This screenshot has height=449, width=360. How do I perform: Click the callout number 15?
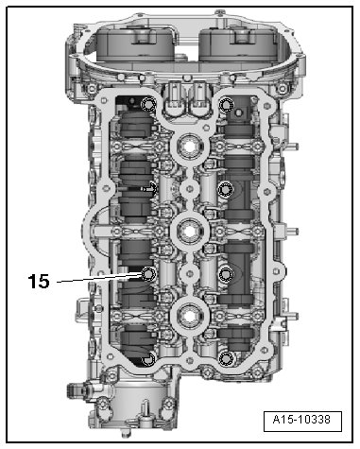tap(39, 281)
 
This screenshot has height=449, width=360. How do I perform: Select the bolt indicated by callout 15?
tap(147, 274)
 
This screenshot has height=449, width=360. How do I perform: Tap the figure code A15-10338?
tap(301, 420)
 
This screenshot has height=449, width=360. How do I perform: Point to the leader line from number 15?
tap(99, 279)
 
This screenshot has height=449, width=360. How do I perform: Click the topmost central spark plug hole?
tap(190, 146)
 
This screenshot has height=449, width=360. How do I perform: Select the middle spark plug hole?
tap(190, 232)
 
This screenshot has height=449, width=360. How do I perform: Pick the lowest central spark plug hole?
tap(190, 317)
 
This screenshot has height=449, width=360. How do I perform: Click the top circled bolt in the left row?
tap(148, 104)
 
